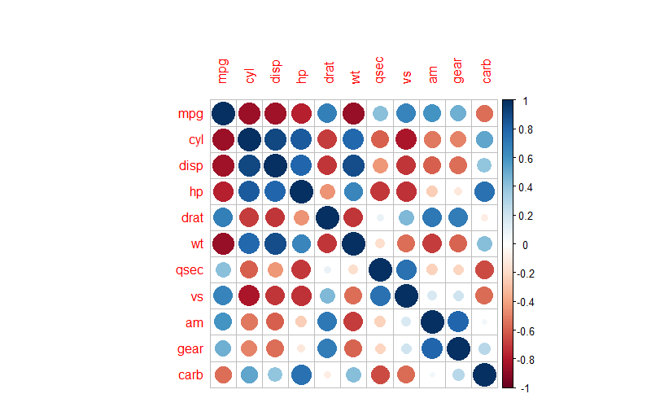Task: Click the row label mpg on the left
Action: click(x=190, y=113)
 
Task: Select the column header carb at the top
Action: click(x=486, y=71)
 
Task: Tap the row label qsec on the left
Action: click(x=187, y=270)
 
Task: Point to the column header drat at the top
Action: click(x=328, y=71)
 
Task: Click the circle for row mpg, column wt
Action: click(x=354, y=113)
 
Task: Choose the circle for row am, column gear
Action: click(x=459, y=323)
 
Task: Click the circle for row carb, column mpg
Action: click(x=223, y=375)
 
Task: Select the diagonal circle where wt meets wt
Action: click(x=354, y=244)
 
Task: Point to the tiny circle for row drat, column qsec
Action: click(x=380, y=218)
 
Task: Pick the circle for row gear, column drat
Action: click(x=328, y=349)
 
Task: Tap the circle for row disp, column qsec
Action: click(x=380, y=165)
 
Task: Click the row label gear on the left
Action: click(x=187, y=349)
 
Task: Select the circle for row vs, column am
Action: click(x=433, y=296)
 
